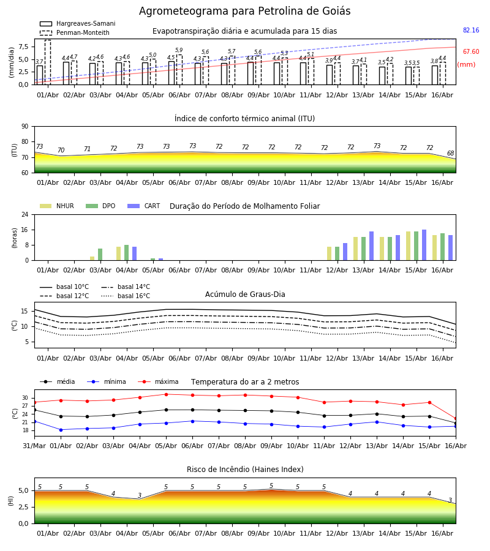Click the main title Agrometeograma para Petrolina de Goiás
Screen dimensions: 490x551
[244, 11]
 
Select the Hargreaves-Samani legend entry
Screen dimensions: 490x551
[77, 23]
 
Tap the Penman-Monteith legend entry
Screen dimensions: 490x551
[75, 32]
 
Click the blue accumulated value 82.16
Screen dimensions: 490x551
[471, 30]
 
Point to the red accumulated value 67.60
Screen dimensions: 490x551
[471, 51]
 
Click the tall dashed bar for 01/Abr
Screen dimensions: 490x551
[48, 62]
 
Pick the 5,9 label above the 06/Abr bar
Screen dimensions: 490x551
[179, 50]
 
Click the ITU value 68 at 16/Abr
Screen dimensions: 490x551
[450, 153]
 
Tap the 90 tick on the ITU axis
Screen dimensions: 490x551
[25, 127]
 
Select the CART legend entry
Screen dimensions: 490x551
[144, 206]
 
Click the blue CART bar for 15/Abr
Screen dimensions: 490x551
[424, 246]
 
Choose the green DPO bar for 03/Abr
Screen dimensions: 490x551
[100, 255]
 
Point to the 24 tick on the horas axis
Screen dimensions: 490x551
[25, 214]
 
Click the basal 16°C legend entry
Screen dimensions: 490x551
[126, 296]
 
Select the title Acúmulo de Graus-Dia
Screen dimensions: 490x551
[245, 294]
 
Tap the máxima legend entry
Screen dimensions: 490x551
[159, 381]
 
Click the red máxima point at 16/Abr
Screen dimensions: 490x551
[456, 419]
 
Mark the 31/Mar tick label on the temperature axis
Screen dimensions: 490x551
[34, 446]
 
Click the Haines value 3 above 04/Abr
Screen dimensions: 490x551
[140, 495]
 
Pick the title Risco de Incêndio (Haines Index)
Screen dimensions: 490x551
[245, 470]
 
